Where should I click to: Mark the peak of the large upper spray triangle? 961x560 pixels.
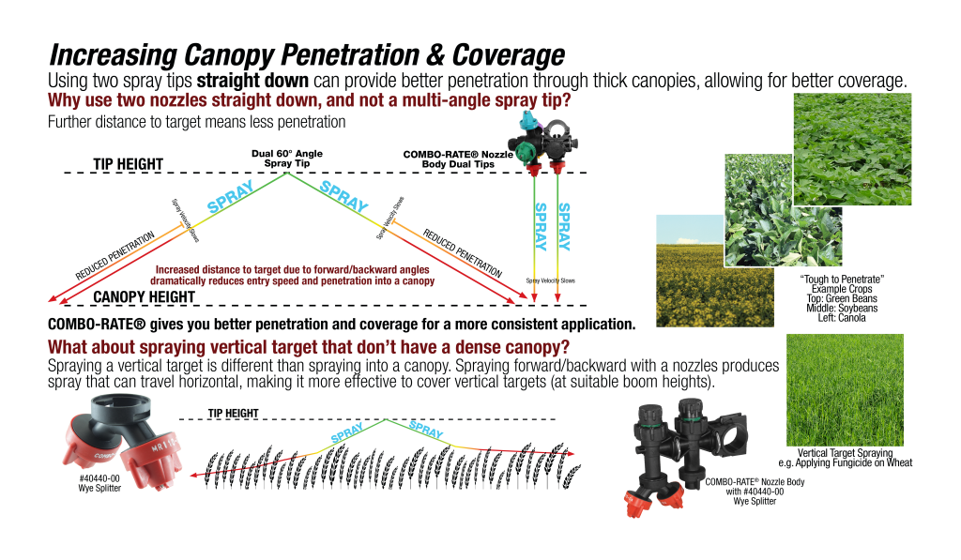pyautogui.click(x=288, y=174)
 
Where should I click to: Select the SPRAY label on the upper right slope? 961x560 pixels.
pyautogui.click(x=343, y=196)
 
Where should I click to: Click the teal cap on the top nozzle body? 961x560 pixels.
pyautogui.click(x=528, y=120)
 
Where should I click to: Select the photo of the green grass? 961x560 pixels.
pyautogui.click(x=845, y=389)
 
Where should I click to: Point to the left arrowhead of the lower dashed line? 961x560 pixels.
pyautogui.click(x=192, y=477)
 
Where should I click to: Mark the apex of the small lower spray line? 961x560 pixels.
pyautogui.click(x=386, y=419)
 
